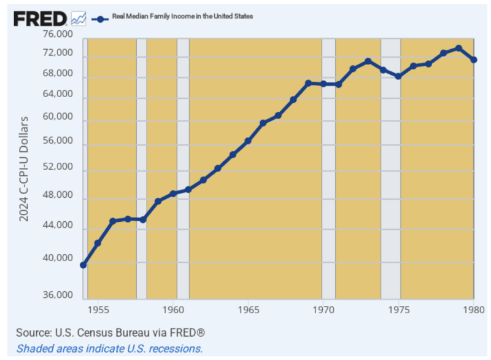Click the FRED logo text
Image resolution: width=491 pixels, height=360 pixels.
click(x=41, y=18)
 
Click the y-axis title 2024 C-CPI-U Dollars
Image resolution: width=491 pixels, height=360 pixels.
click(x=25, y=168)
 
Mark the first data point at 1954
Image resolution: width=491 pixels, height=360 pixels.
click(x=83, y=265)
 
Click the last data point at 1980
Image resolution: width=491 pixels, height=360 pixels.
click(x=474, y=60)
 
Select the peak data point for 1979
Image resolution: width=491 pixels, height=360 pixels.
click(x=458, y=48)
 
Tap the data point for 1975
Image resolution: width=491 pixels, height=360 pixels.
click(x=398, y=76)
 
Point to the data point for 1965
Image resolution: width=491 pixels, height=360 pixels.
click(x=248, y=141)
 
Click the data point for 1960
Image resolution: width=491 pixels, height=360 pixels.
click(x=173, y=194)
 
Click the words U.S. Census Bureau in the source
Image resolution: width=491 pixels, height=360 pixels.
click(x=106, y=333)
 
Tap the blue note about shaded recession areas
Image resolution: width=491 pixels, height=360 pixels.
click(x=109, y=348)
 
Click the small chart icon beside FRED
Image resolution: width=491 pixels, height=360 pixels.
click(x=79, y=18)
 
